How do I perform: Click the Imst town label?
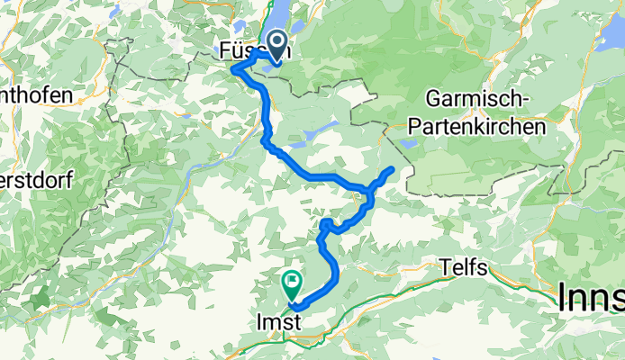click(276, 321)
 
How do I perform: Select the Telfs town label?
click(465, 266)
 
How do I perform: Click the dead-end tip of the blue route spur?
click(392, 169)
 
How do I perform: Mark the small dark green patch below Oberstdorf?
click(41, 296)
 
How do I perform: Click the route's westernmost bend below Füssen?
click(233, 69)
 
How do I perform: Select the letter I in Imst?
click(260, 321)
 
